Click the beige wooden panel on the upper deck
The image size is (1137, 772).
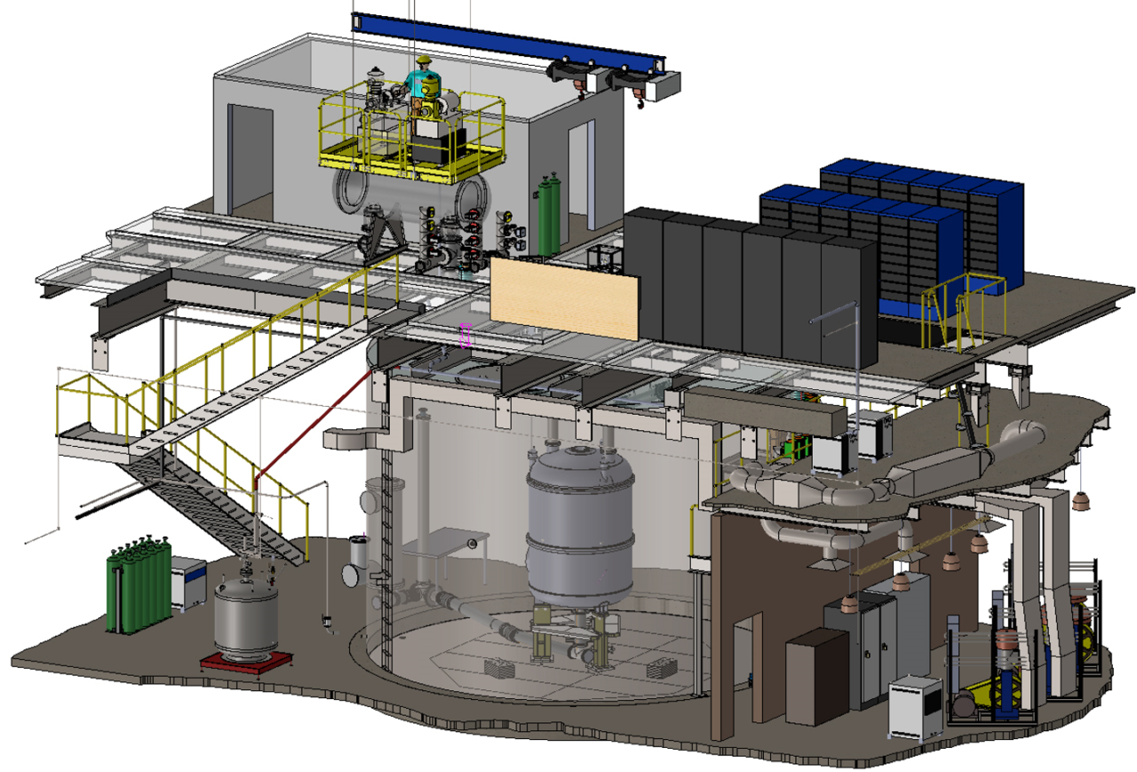click(x=564, y=298)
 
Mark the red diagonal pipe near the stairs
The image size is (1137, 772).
click(x=311, y=422)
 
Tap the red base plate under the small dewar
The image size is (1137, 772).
click(x=246, y=661)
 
